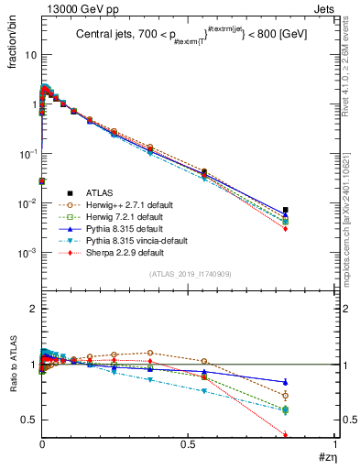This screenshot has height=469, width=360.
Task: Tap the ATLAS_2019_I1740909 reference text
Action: click(189, 274)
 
